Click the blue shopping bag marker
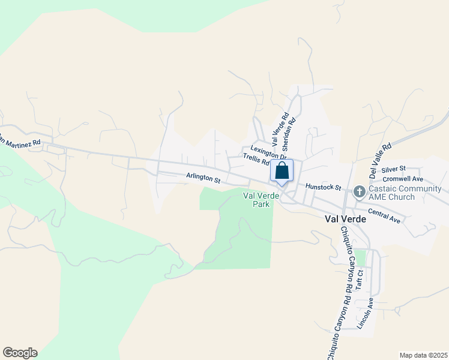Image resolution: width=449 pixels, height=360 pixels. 282,171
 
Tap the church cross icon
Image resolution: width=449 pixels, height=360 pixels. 359,192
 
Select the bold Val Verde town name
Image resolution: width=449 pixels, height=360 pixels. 346,219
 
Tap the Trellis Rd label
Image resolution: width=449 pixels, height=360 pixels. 256,160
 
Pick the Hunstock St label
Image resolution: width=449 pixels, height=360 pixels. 323,187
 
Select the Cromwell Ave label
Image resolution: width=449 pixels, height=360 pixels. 403,179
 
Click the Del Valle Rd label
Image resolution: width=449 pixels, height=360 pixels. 381,158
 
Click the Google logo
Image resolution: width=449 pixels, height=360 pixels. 20,353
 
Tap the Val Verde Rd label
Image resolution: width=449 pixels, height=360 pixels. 280,129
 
